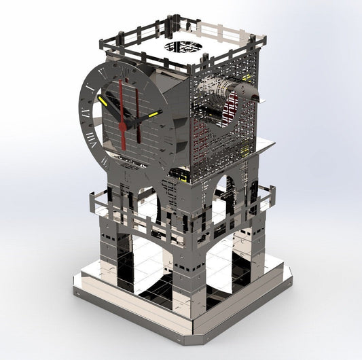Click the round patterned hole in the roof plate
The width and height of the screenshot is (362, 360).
[x=183, y=47]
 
